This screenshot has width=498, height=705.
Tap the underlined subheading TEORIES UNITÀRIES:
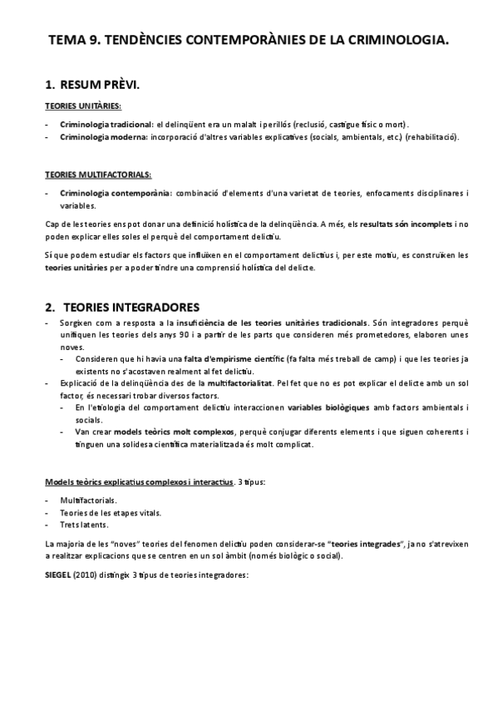pos(82,106)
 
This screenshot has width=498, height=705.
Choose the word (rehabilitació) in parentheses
pos(432,136)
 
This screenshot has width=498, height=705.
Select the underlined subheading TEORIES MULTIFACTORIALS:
pos(97,175)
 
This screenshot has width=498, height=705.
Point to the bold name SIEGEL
pos(59,574)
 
